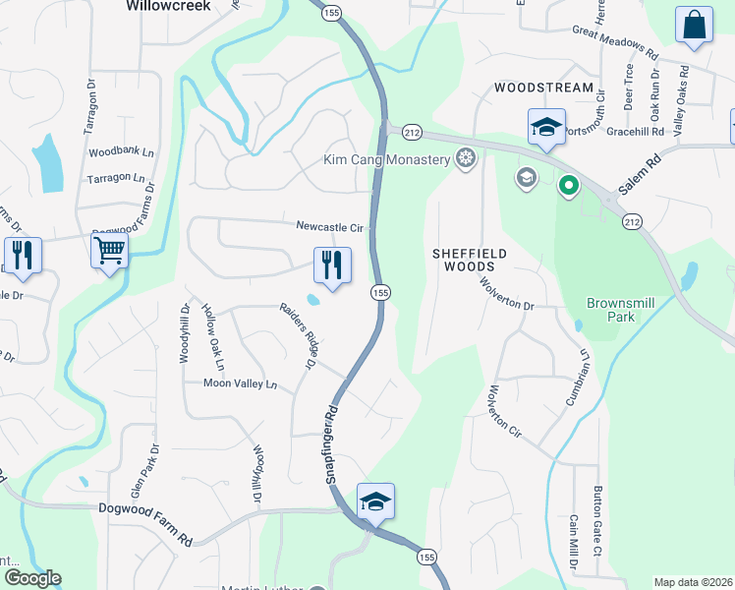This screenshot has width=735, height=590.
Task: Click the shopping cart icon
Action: [x=109, y=250]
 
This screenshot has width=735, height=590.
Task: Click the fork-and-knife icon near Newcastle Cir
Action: [x=332, y=265]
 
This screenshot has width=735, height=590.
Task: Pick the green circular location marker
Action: [x=567, y=185]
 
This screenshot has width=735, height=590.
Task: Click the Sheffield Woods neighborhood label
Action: [x=470, y=260]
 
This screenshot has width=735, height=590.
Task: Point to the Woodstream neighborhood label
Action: [x=543, y=88]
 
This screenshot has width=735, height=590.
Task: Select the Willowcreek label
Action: [x=170, y=5]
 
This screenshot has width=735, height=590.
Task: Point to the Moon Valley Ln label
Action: [x=240, y=383]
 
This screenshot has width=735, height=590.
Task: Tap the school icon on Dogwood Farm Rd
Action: [x=375, y=501]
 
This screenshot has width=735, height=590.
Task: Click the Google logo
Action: [x=32, y=578]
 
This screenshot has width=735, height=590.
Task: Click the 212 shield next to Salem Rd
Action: [x=631, y=223]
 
